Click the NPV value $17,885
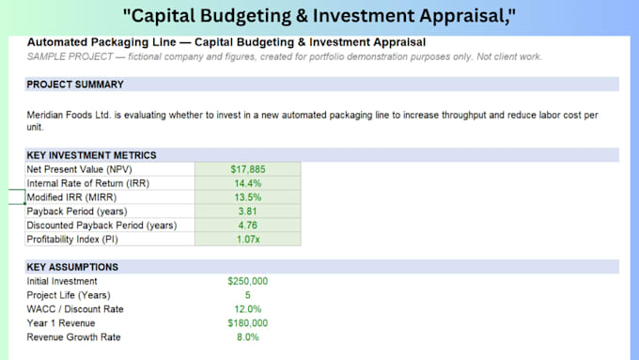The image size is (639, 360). (248, 169)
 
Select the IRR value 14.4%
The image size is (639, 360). (248, 183)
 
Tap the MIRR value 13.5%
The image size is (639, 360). (248, 197)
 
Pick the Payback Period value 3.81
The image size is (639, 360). (248, 211)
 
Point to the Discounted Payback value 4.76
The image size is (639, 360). (248, 225)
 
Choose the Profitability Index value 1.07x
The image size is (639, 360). (248, 240)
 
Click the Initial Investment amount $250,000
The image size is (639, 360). (248, 281)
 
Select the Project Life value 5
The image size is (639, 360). (248, 295)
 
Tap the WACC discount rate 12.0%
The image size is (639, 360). (248, 309)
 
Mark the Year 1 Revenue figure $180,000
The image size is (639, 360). (248, 323)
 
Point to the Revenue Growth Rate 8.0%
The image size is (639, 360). (248, 337)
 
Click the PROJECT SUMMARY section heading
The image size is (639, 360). (75, 85)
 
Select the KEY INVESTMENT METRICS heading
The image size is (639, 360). (91, 155)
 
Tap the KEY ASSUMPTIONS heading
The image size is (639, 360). (72, 267)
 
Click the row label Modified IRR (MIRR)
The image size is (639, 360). (71, 197)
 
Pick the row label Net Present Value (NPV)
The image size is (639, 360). (80, 169)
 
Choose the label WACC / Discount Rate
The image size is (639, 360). (75, 309)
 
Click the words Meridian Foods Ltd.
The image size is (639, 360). (69, 115)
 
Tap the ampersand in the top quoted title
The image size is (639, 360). (302, 16)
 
